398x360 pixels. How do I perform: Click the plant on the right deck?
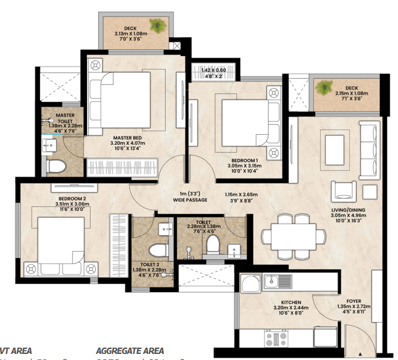click(x=324, y=87)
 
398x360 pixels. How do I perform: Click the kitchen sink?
click(x=275, y=281)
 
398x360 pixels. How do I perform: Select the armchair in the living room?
click(x=343, y=190)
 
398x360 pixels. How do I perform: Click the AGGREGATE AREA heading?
click(x=130, y=351)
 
